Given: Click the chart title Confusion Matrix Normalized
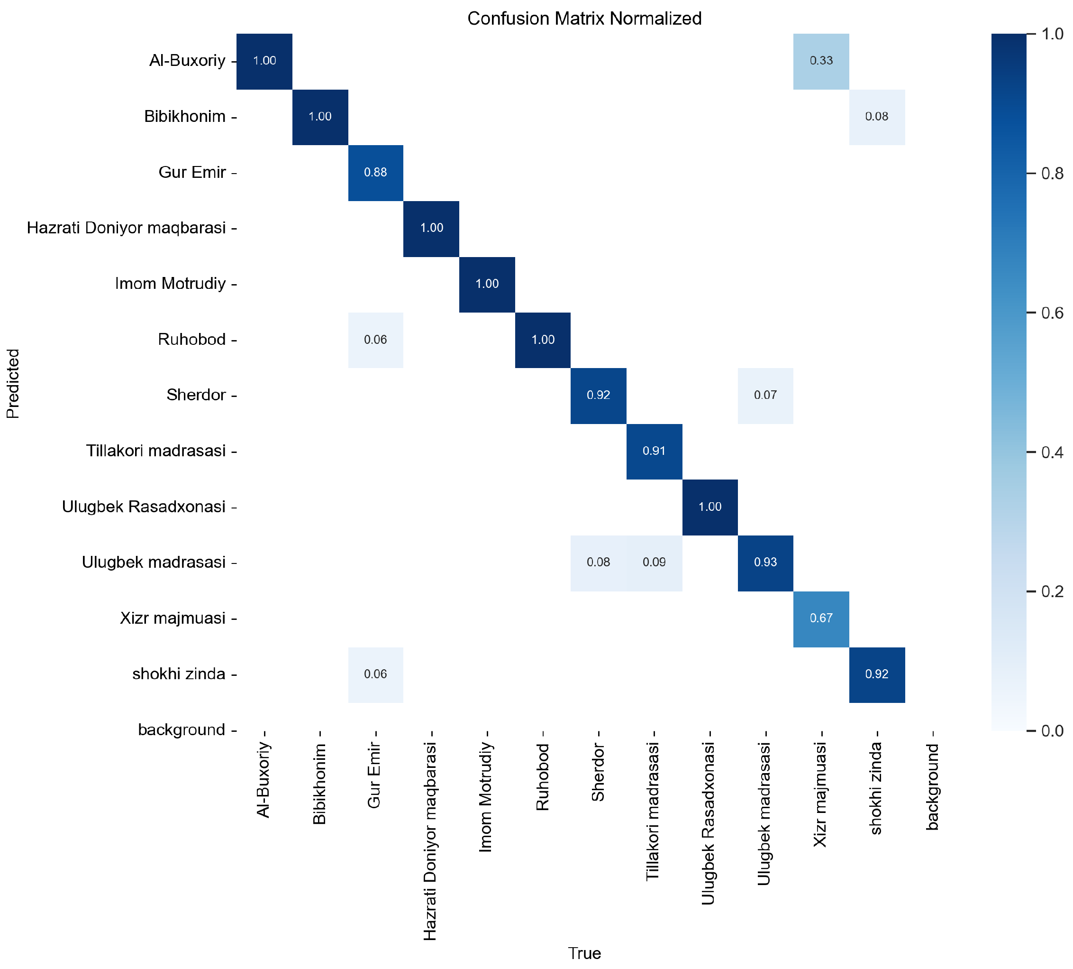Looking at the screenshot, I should coord(584,18).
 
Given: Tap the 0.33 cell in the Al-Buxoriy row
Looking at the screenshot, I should coord(821,61).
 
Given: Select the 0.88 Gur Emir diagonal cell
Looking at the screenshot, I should coord(375,173).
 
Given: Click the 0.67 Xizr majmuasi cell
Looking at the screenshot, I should coord(821,618).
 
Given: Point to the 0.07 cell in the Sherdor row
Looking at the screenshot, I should coord(765,395).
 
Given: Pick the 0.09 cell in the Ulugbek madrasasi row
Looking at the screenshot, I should coord(654,562).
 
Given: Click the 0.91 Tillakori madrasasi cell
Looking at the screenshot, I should coord(654,451).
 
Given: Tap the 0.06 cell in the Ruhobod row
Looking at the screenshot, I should coord(375,340).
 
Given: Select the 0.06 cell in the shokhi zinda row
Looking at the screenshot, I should coord(375,674).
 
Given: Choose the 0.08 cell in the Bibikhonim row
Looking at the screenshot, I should coord(877,117).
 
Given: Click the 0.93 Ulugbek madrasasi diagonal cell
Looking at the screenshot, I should coord(765,562).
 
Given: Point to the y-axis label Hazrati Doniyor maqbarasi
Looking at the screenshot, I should coord(127,228).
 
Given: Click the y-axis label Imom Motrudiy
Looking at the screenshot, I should coord(170,284).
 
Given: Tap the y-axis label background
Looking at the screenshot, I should coord(182,729).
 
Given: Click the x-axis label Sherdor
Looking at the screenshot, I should coord(598,772).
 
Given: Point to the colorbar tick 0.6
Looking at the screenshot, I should coord(1052,313).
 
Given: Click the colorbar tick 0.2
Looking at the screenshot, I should coord(1052,591).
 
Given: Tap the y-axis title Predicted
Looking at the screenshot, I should coord(13,383).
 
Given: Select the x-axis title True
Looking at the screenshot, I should coord(584,953).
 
